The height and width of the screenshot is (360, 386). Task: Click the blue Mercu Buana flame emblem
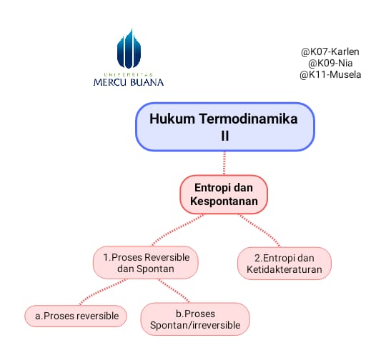(129, 49)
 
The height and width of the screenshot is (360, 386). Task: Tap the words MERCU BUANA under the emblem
(129, 82)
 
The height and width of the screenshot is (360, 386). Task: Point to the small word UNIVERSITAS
(129, 74)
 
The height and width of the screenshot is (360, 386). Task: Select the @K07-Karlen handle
(330, 51)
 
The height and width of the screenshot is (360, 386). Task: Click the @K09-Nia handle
(330, 64)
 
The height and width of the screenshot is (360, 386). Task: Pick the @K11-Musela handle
(330, 74)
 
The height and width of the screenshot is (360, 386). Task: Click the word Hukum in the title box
(172, 119)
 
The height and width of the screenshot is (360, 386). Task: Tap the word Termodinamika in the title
(248, 119)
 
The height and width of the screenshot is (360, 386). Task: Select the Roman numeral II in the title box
(224, 136)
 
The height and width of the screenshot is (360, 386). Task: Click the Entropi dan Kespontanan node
(224, 194)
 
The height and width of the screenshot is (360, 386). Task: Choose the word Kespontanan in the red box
(224, 201)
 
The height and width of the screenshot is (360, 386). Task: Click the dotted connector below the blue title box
(224, 163)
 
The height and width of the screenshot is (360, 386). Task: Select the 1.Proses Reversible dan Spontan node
(146, 263)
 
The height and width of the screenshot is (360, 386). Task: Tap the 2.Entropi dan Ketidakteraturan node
(284, 264)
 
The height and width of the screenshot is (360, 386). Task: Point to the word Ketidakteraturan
(284, 269)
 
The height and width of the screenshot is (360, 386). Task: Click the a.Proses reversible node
(76, 316)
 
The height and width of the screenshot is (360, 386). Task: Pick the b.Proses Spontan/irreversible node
(195, 319)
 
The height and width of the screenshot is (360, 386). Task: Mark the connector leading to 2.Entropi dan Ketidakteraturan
(259, 230)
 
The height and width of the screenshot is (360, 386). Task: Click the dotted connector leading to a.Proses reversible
(102, 291)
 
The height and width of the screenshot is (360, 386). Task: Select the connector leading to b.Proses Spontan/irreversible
(174, 291)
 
